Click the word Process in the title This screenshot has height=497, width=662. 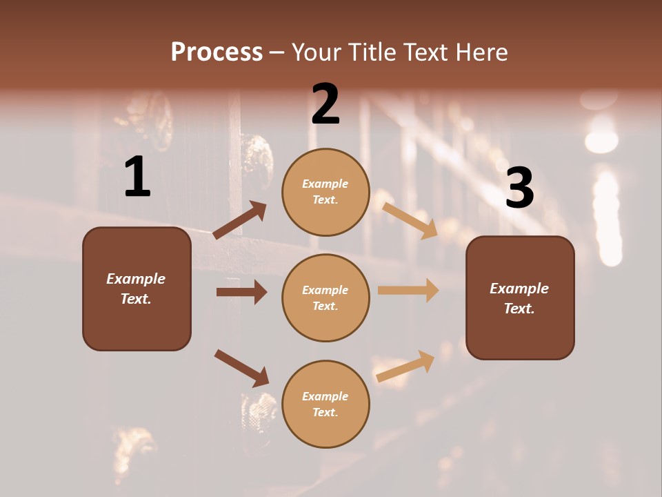[x=217, y=52]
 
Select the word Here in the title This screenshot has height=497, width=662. [x=482, y=52]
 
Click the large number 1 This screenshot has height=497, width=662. [x=137, y=178]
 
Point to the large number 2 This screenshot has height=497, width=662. [x=325, y=104]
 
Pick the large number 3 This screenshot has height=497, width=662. [x=519, y=188]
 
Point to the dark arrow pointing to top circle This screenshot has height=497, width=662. [x=240, y=220]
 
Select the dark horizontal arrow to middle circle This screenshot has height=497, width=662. [x=241, y=292]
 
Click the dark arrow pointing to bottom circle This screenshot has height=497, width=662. [x=242, y=368]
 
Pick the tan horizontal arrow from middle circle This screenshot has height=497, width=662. [x=408, y=291]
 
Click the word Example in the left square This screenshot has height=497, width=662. [x=136, y=279]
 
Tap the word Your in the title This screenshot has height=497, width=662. [x=315, y=52]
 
